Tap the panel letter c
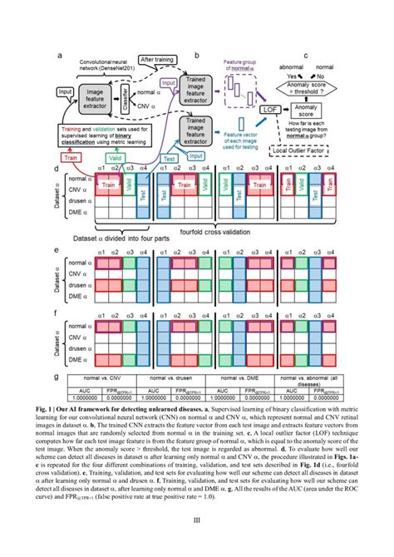(307, 57)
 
